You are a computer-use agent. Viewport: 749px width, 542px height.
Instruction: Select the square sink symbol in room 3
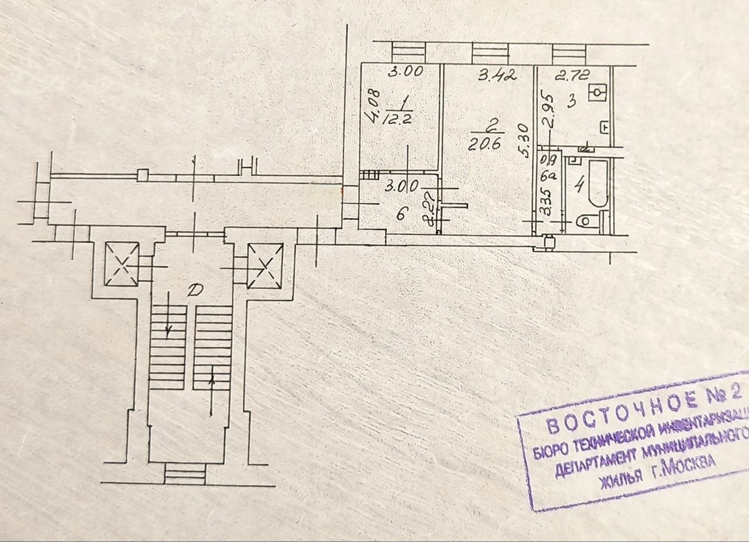pos(597,92)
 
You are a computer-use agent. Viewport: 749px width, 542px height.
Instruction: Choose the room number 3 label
pos(572,101)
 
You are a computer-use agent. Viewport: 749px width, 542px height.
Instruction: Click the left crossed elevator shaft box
pos(121,265)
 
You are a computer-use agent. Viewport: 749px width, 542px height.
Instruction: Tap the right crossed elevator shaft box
pos(265,266)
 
